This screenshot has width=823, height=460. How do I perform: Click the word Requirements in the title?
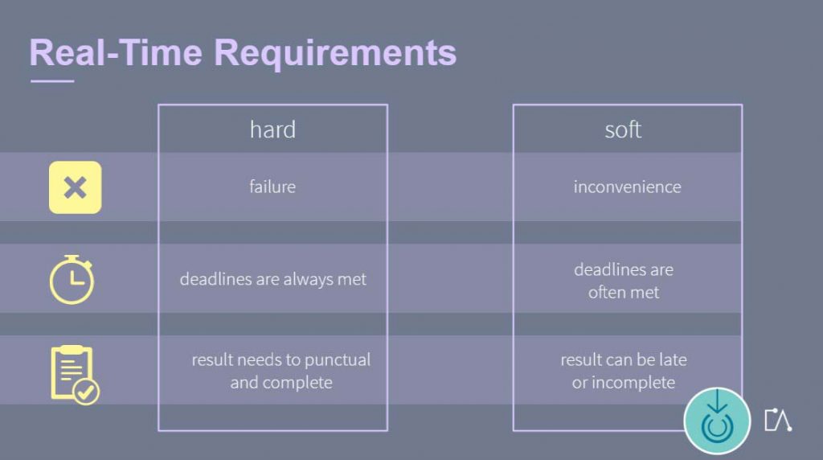pyautogui.click(x=335, y=53)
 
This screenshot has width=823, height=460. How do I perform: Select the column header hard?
pyautogui.click(x=272, y=129)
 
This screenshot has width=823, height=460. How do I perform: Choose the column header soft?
pyautogui.click(x=623, y=129)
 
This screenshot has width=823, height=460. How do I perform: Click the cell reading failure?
pyautogui.click(x=272, y=187)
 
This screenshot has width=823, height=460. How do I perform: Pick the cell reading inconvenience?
pyautogui.click(x=627, y=187)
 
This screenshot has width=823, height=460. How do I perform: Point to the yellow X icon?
pyautogui.click(x=75, y=187)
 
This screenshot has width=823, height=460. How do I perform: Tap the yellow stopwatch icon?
pyautogui.click(x=72, y=280)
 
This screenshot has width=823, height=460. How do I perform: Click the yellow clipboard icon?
pyautogui.click(x=71, y=372)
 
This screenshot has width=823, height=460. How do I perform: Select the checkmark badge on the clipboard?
pyautogui.click(x=86, y=392)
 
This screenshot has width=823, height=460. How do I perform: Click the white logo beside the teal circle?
pyautogui.click(x=777, y=420)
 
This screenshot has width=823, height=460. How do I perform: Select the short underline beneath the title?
pyautogui.click(x=51, y=81)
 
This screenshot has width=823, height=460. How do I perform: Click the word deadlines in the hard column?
pyautogui.click(x=213, y=279)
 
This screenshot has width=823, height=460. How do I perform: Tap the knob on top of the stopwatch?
pyautogui.click(x=72, y=258)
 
